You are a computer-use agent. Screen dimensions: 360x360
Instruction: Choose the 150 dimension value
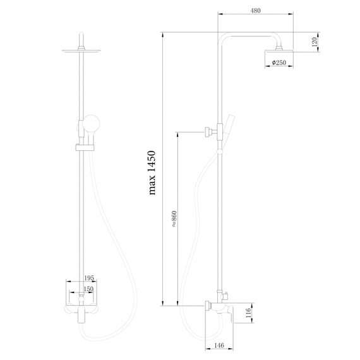pos(88,289)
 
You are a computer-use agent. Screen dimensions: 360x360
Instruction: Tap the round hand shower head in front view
pos(90,123)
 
